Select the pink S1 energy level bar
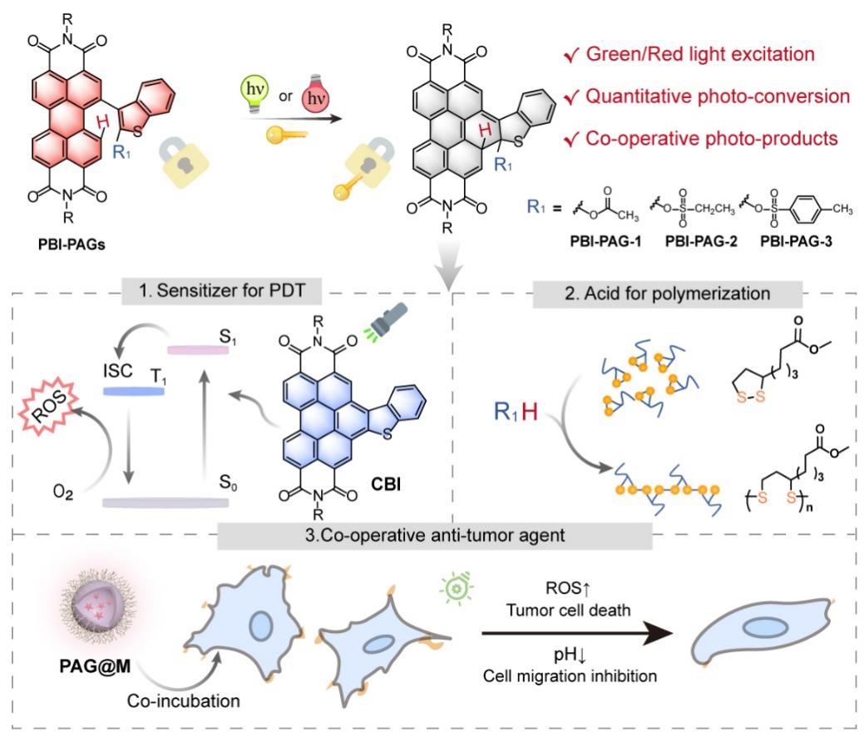pyautogui.click(x=196, y=350)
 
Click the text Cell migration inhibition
pyautogui.click(x=570, y=675)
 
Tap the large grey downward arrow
pyautogui.click(x=450, y=263)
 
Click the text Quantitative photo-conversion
pyautogui.click(x=717, y=96)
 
